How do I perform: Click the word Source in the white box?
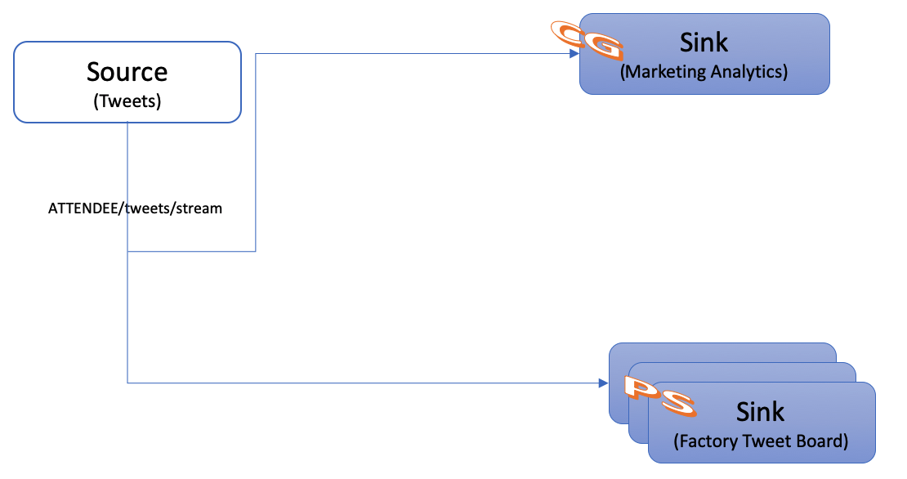coord(127,72)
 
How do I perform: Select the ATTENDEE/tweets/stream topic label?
coord(136,208)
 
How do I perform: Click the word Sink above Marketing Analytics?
coord(704,42)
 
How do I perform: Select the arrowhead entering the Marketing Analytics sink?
coord(574,54)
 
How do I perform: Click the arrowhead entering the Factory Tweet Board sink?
coord(604,383)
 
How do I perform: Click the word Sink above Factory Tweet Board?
coord(760,411)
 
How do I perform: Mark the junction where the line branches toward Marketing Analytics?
coord(128,252)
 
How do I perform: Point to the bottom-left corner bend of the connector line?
coord(128,383)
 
